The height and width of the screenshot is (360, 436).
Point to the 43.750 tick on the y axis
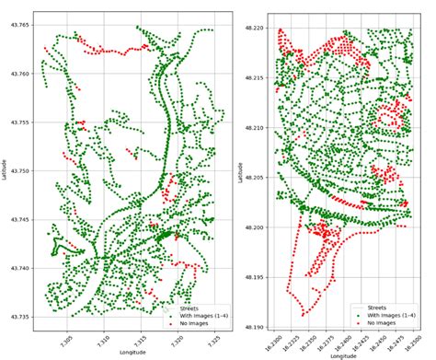21,171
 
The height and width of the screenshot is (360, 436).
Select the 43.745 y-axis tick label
21,220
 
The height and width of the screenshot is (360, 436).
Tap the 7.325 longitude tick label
212,338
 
